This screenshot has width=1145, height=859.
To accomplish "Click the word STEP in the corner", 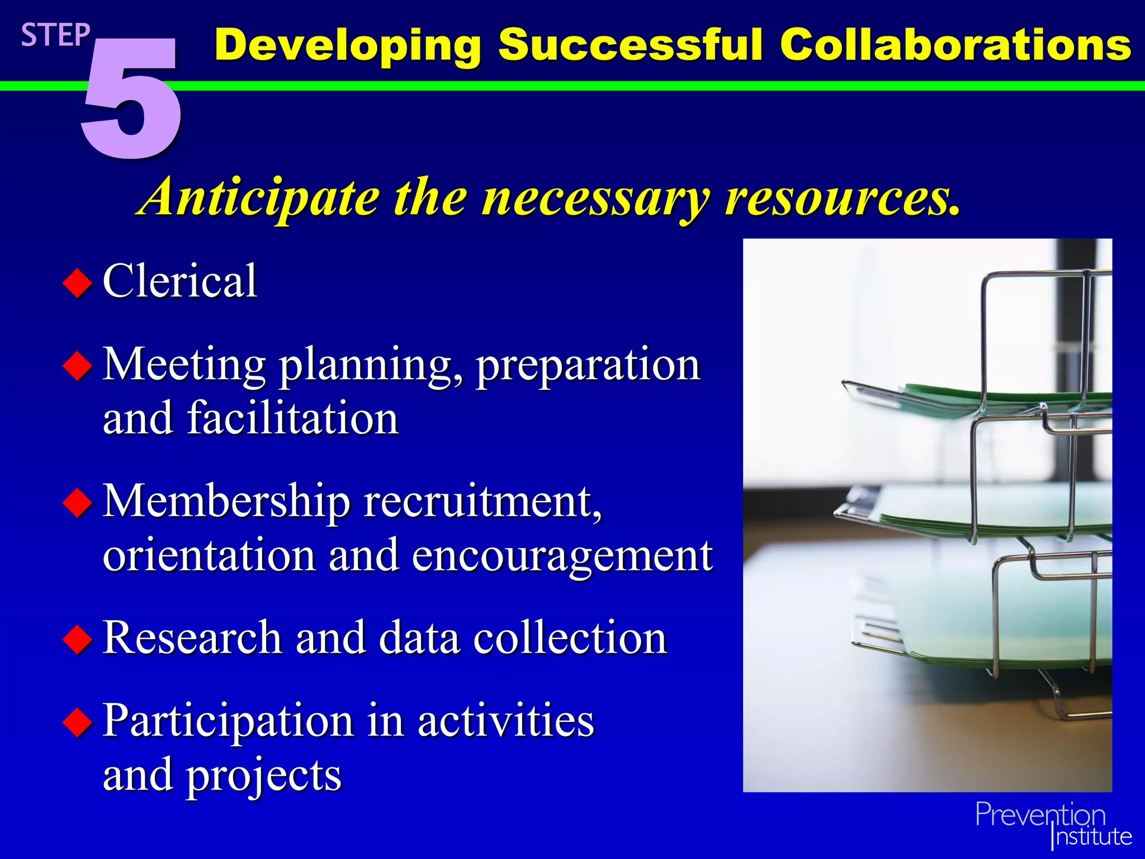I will (55, 35).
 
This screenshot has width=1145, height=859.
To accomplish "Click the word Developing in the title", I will (348, 46).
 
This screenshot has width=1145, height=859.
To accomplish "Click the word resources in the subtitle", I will (842, 197).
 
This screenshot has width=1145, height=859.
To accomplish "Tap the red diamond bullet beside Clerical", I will (77, 283).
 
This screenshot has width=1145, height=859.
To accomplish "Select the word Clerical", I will (179, 281).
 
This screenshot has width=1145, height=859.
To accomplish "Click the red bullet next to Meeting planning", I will (77, 367).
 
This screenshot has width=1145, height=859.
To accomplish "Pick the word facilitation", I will (292, 418).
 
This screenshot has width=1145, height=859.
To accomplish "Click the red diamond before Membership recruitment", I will (77, 502).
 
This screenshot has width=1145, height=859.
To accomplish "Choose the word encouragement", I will (562, 556).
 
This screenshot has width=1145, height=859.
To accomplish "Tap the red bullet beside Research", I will (77, 639).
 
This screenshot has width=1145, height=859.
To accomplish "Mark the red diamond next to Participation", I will (77, 722).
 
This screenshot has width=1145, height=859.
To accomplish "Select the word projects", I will (264, 776).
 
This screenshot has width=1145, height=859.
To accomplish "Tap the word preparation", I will (588, 365).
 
